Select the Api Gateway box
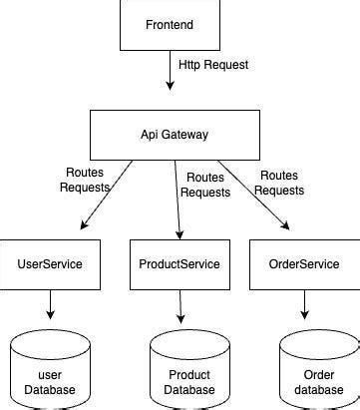tap(179, 133)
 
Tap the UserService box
tap(49, 264)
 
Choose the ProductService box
tap(180, 264)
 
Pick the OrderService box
tap(305, 264)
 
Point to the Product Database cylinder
tap(182, 369)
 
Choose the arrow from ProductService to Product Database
tap(180, 306)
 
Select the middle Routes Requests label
tap(204, 184)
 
